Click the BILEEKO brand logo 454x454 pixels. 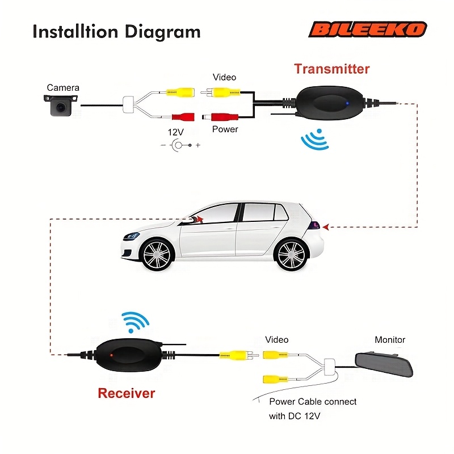tap(368, 30)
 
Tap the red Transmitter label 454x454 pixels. tap(332, 69)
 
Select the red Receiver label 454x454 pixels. tap(127, 393)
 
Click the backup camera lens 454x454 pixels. tap(61, 107)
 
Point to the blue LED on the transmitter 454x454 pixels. tap(347, 103)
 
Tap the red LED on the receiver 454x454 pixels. tap(111, 355)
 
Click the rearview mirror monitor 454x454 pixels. tap(384, 364)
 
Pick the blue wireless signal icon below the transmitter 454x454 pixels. tap(315, 140)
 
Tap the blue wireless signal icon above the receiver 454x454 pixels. tap(134, 321)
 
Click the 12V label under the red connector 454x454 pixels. tap(175, 132)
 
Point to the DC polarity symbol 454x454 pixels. tap(180, 145)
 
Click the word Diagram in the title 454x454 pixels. tap(162, 32)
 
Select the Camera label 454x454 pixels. tap(63, 88)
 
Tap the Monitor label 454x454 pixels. tap(390, 339)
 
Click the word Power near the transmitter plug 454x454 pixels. tap(225, 129)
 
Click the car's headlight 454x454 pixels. tap(131, 236)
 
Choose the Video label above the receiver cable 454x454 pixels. tap(276, 339)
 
